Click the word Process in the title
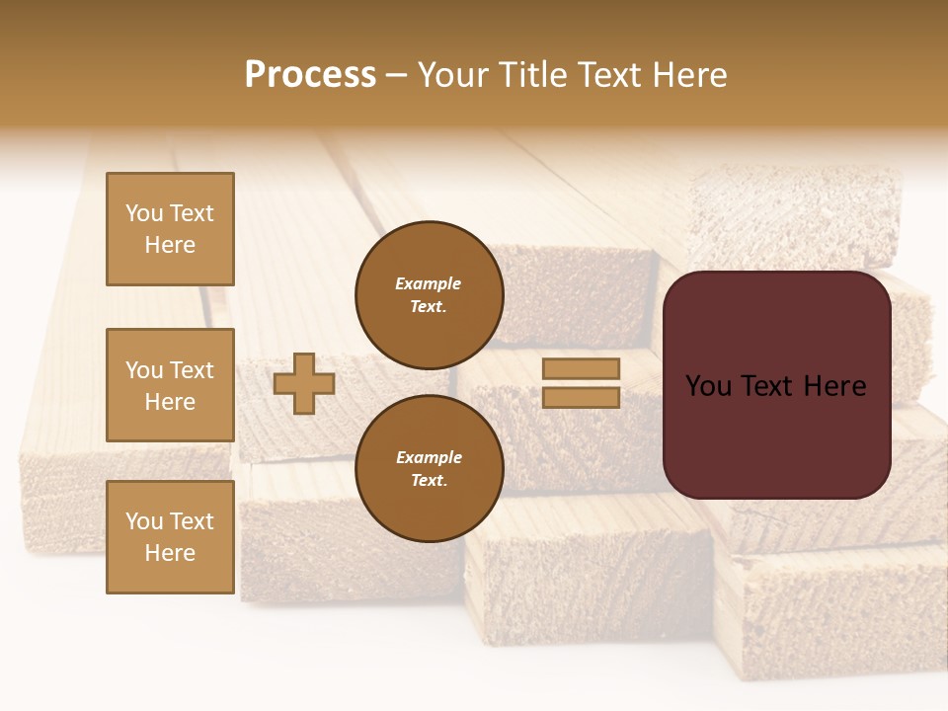(x=310, y=75)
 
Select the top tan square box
(x=170, y=229)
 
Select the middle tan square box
(x=170, y=385)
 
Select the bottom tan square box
(x=170, y=537)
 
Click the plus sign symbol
(x=304, y=383)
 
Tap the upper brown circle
(x=429, y=295)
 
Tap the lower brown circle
(x=429, y=469)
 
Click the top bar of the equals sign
(x=581, y=368)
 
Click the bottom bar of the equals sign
(x=581, y=397)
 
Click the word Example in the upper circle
(x=429, y=283)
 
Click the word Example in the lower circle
(x=429, y=457)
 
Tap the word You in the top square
(x=142, y=213)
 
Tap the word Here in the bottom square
(x=170, y=553)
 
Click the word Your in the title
(x=455, y=75)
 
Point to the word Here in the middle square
(x=170, y=402)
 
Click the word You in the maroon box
(x=708, y=386)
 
